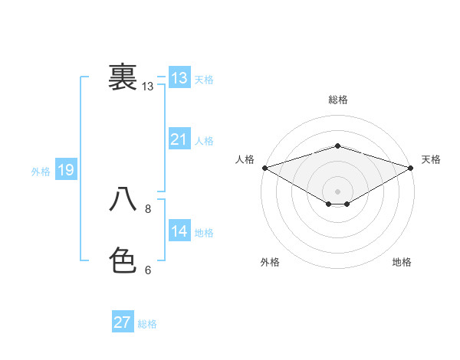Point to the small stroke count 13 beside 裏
coord(148,87)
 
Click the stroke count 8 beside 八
coord(148,208)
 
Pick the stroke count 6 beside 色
coord(148,270)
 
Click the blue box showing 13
coord(179,78)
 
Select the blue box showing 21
coord(179,139)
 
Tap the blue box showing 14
coord(179,231)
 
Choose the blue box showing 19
coord(65,170)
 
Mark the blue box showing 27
coord(122,322)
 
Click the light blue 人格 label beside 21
coord(204,141)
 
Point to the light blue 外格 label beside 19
coord(41,172)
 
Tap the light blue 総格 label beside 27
coord(147,324)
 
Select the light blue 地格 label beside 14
coord(204,233)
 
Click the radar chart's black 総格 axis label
coord(337,100)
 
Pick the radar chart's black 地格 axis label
coord(402,263)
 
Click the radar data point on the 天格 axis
coord(412,167)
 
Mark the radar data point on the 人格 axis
coord(264,167)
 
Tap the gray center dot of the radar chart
coord(337,191)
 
